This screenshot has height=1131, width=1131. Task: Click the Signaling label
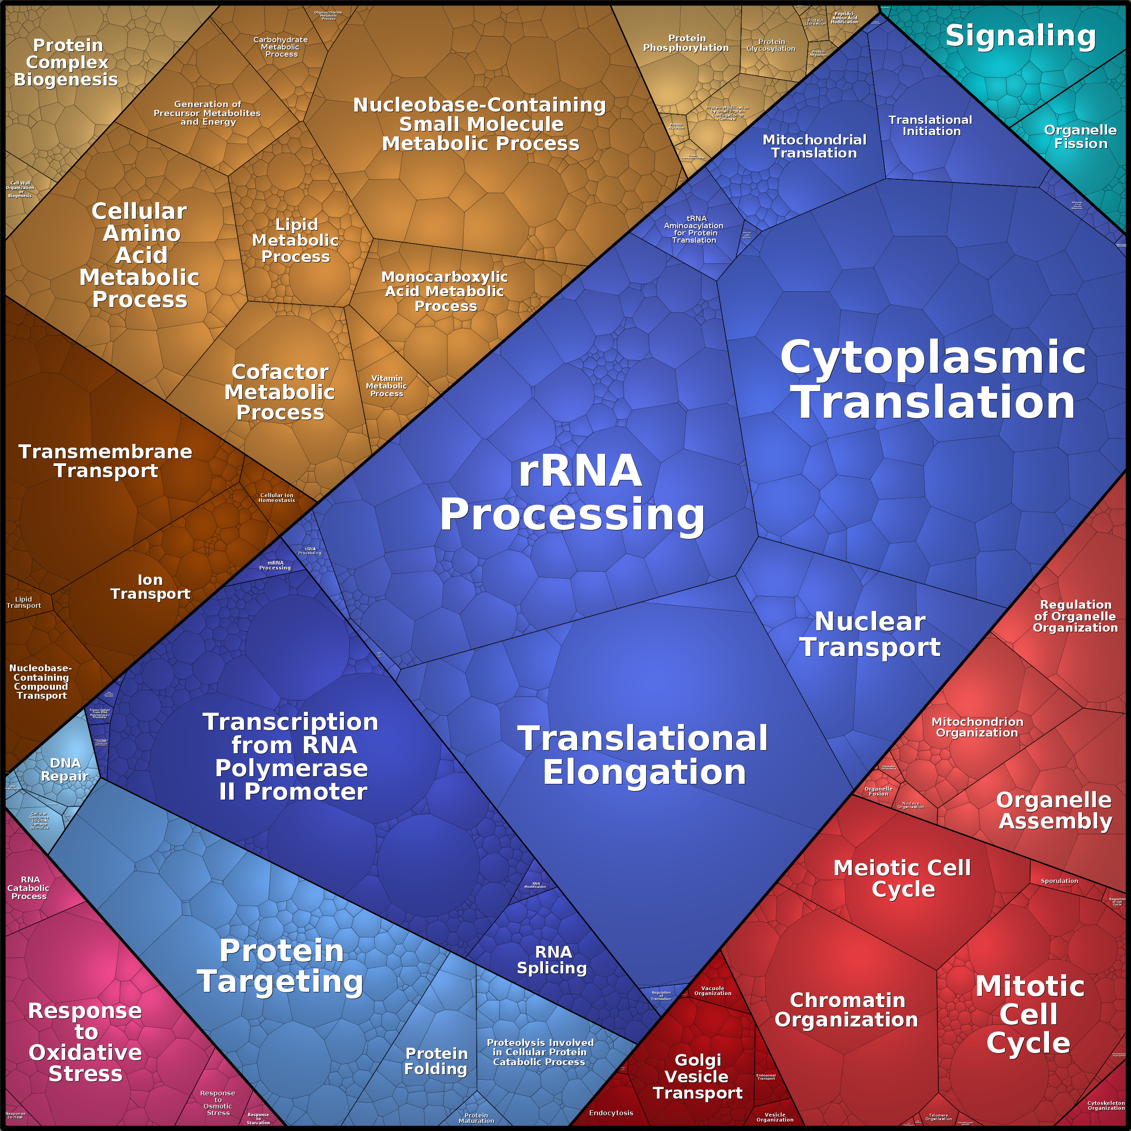coord(1020,36)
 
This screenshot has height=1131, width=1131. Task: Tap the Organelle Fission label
coord(1080,137)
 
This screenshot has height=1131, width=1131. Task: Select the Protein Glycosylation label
coord(771,45)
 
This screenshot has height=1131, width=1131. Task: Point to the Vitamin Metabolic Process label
coord(386,386)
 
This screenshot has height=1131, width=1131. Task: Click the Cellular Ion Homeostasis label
coord(277,498)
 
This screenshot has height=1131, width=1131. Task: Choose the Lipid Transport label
coord(24,602)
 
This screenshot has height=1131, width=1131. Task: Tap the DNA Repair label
coord(65,769)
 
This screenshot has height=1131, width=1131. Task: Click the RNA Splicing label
coord(552,960)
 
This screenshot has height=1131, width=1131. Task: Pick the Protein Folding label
coord(436,1061)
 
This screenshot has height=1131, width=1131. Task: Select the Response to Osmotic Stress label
coord(218,1103)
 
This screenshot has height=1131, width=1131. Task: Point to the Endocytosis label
coord(611,1113)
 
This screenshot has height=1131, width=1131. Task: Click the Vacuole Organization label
coord(712,991)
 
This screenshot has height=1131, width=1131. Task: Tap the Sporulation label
coord(1059,881)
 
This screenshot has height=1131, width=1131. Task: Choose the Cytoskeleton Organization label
coord(1106,1105)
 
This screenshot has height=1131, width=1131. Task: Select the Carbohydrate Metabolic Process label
coord(280,47)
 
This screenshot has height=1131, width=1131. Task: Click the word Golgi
coord(698,1060)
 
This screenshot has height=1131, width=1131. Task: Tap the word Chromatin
coord(847,1000)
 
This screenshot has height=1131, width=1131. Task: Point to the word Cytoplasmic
coord(932,357)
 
